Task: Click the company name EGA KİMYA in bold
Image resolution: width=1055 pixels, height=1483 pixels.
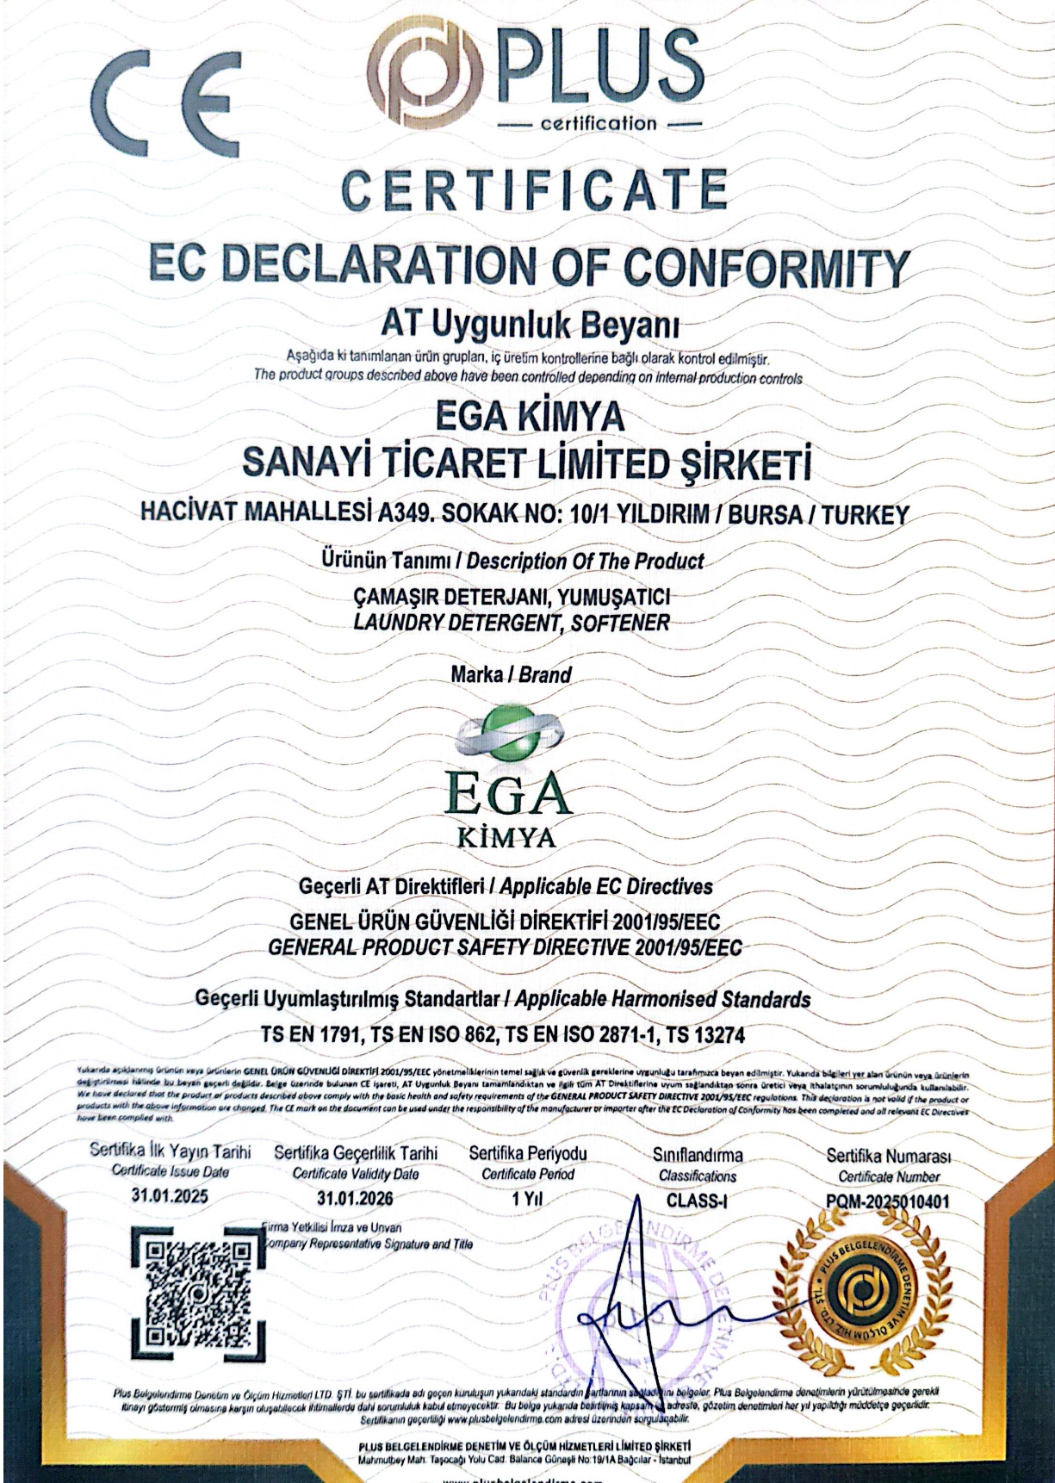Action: coord(530,418)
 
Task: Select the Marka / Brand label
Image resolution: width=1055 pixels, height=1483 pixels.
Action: coord(511,674)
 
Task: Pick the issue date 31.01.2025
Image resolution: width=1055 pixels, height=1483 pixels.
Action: coord(170,1196)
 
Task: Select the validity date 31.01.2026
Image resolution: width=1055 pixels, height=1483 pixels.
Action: coord(355,1198)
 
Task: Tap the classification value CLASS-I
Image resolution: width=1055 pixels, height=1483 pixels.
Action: coord(697,1199)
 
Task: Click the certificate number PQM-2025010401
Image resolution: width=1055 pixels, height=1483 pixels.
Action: coord(888,1200)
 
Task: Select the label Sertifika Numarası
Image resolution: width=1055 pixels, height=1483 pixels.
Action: coord(888,1155)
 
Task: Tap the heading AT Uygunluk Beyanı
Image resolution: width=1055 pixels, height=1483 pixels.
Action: coord(531,326)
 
